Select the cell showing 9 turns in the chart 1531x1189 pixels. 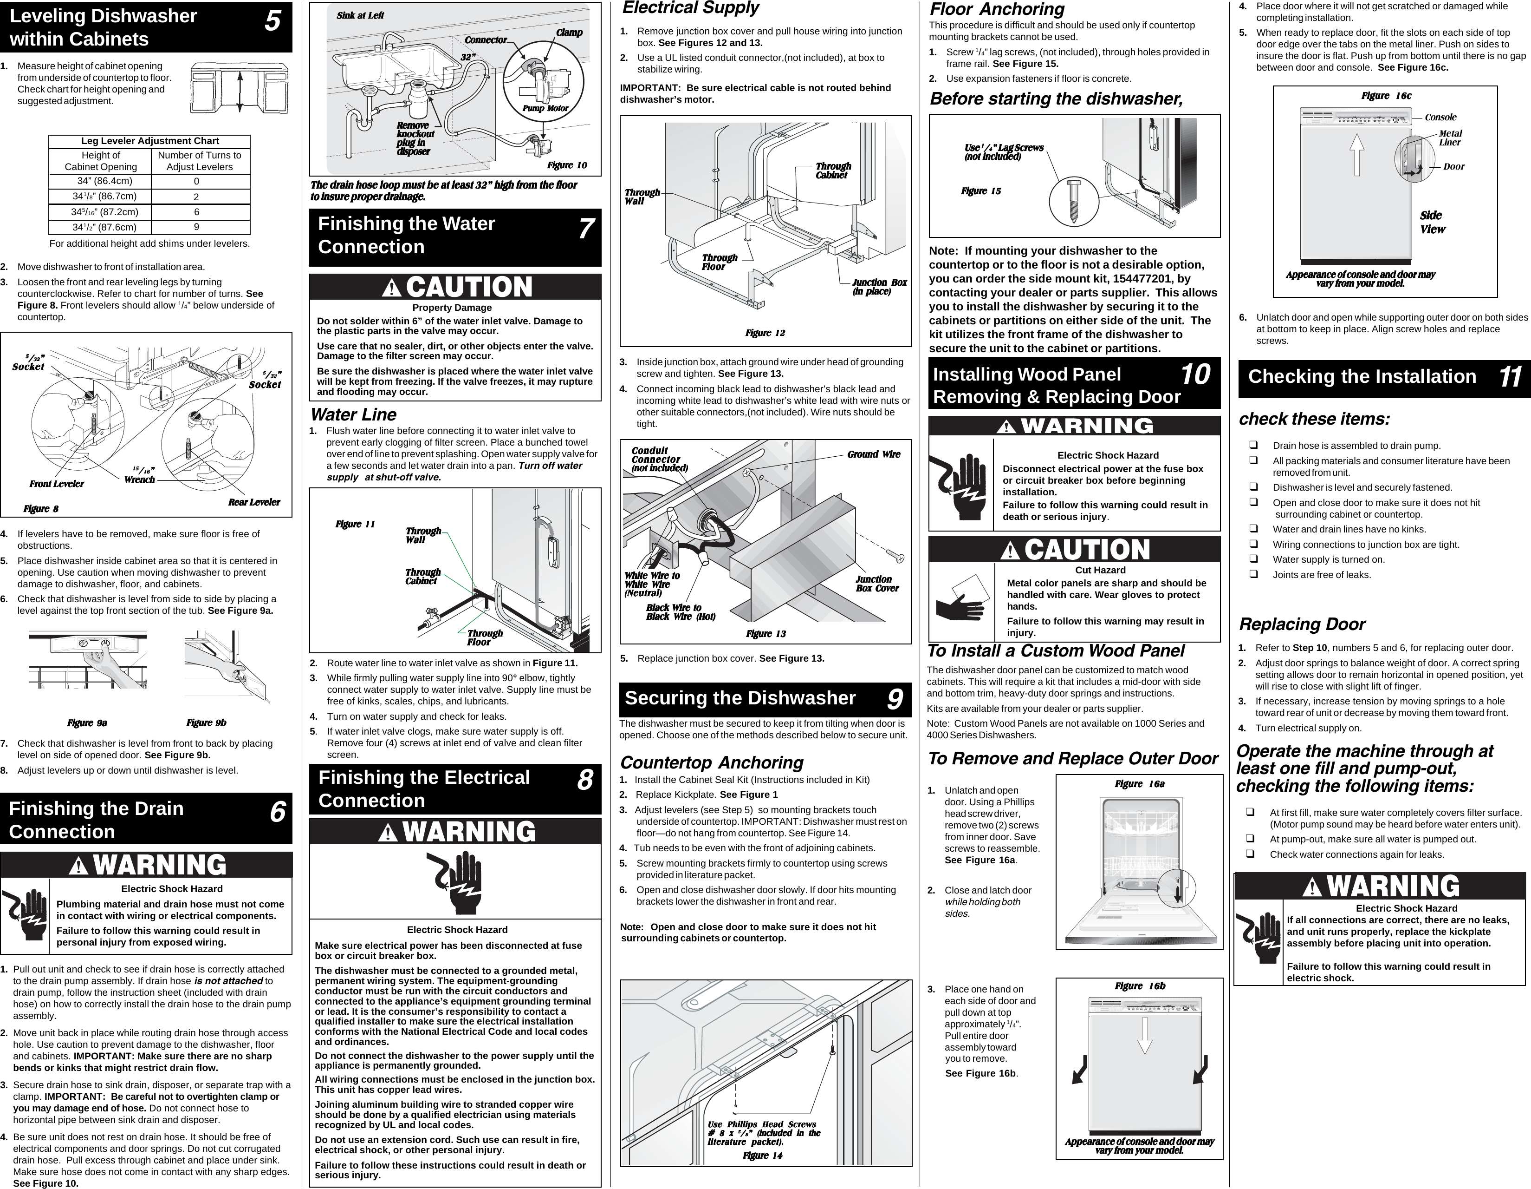(x=197, y=227)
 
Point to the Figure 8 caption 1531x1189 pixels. (x=41, y=509)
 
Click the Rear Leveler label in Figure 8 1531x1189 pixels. (x=254, y=502)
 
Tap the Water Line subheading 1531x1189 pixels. (x=353, y=414)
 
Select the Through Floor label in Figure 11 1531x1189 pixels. (x=484, y=637)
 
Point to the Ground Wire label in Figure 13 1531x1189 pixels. (x=874, y=454)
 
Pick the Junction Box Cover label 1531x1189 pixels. (x=876, y=584)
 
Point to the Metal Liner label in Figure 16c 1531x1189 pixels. (x=1450, y=138)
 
